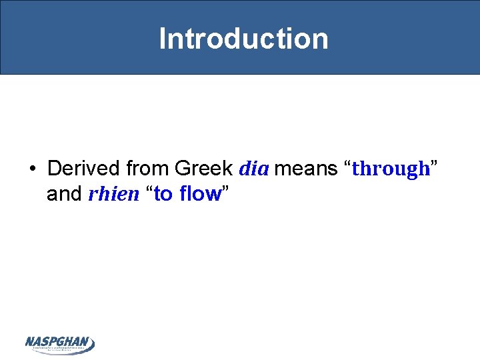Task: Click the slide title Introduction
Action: click(243, 39)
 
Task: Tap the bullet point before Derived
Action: click(33, 168)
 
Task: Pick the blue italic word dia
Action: click(253, 168)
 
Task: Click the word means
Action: click(305, 168)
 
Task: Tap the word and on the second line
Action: click(65, 194)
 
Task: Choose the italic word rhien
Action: click(113, 194)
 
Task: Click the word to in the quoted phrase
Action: click(163, 194)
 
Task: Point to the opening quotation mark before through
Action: click(347, 164)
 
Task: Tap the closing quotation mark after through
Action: click(434, 164)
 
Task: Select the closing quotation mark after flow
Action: click(226, 190)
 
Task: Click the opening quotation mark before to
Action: click(149, 190)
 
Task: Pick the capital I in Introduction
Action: click(163, 39)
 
